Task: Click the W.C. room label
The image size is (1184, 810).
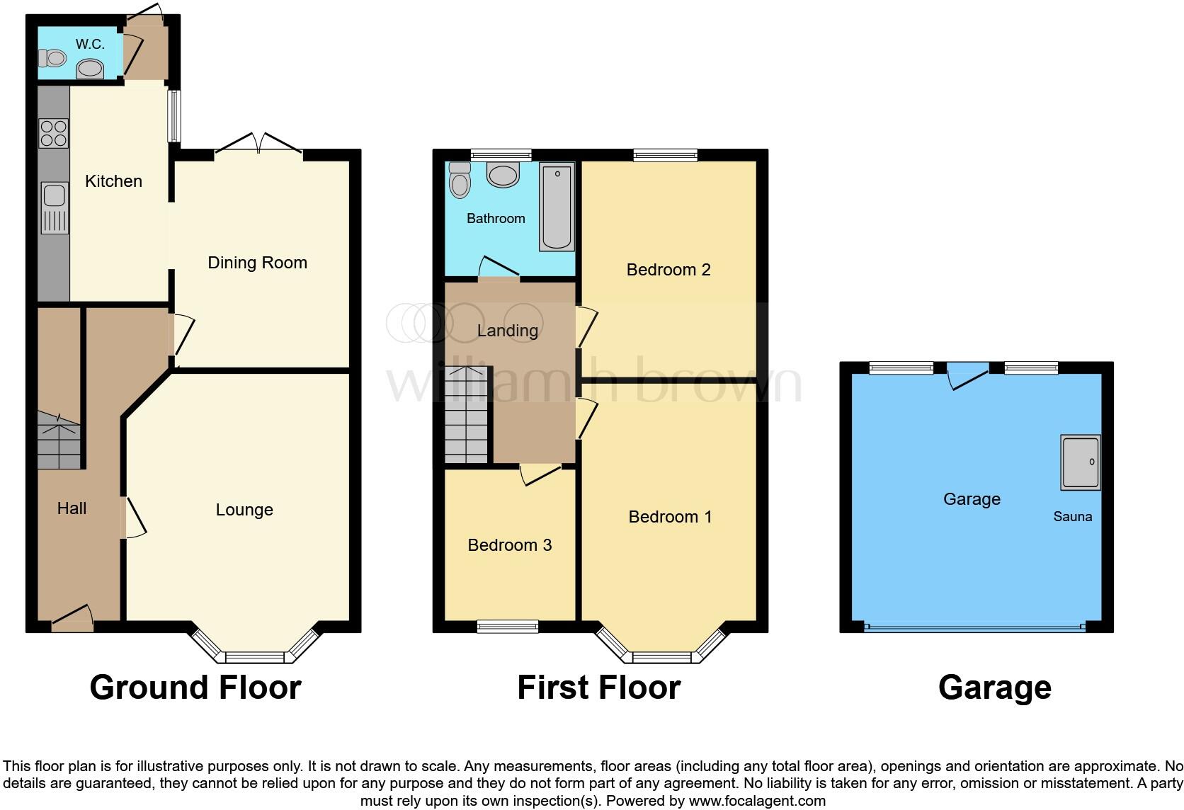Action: point(90,44)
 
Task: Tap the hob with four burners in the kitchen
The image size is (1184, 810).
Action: point(54,132)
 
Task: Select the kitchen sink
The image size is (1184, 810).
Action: point(55,207)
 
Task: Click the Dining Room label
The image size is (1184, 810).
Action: point(257,263)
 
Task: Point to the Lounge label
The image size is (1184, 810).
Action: point(244,510)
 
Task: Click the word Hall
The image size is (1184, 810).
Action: point(72,508)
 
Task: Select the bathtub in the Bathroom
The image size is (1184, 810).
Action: point(557,206)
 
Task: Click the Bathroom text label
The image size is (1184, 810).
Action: point(496,219)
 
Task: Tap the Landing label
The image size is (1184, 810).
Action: point(507,331)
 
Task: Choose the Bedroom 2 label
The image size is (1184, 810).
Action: point(668,270)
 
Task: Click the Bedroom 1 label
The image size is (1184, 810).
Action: point(670,517)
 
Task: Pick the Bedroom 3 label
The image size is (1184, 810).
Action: point(510,545)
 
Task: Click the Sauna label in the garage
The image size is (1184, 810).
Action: point(1072,517)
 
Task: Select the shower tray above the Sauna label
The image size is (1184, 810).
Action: point(1081,462)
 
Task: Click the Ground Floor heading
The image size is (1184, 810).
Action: point(195,688)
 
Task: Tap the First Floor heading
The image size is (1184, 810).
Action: point(599,688)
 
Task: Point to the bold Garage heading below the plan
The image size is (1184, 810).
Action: point(994,688)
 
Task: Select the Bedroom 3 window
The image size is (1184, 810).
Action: point(507,626)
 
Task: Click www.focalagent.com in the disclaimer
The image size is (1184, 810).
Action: point(757,802)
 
